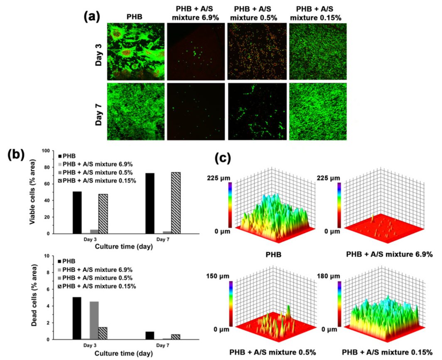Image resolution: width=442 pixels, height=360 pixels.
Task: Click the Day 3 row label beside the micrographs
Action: tap(98, 51)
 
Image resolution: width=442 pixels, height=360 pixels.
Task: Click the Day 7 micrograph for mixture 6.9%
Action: tap(196, 111)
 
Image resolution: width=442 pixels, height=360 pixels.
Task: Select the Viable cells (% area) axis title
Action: tap(32, 192)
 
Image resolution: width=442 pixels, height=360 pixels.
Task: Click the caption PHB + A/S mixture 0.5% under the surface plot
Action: tap(270, 353)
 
